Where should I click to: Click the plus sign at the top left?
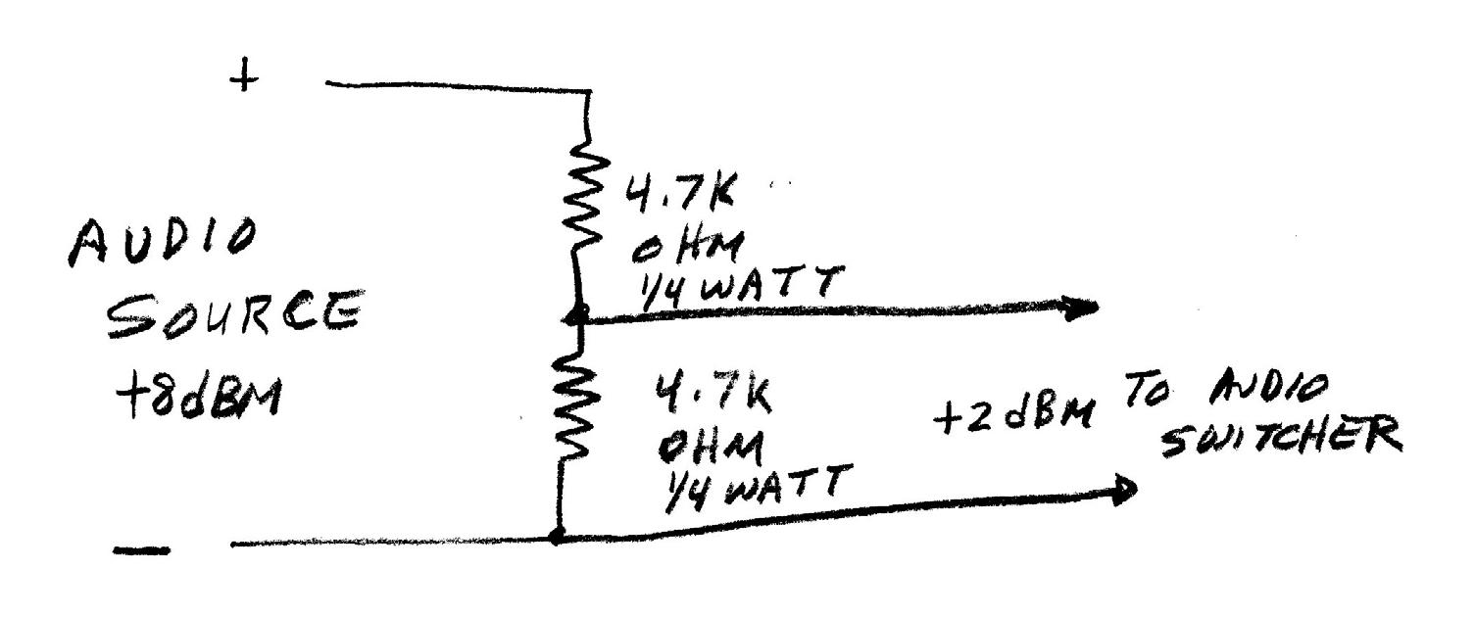pos(245,77)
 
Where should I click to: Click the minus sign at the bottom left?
pos(141,551)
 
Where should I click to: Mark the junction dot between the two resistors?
pos(578,315)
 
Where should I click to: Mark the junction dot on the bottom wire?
pos(557,537)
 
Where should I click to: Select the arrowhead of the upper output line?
pos(1083,308)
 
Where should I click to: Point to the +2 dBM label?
pos(1012,417)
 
